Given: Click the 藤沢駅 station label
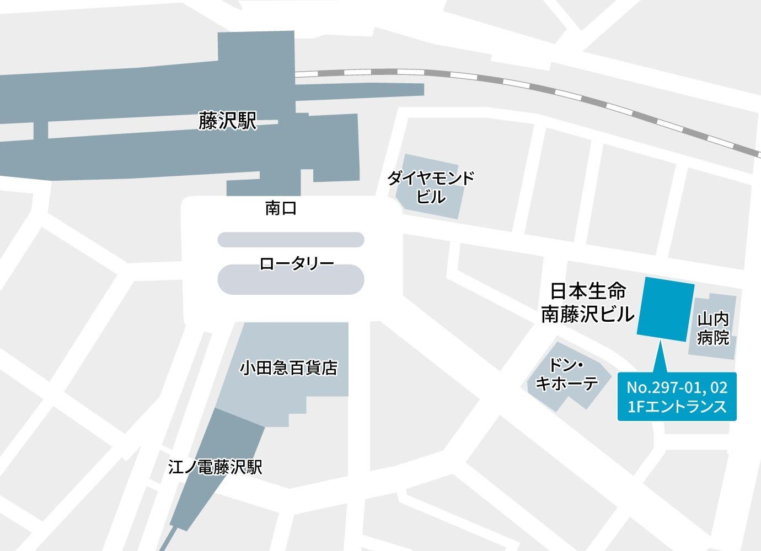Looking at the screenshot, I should pyautogui.click(x=228, y=121).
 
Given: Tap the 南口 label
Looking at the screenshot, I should pyautogui.click(x=281, y=208).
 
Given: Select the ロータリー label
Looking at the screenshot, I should pyautogui.click(x=297, y=263).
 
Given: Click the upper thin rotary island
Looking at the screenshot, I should pyautogui.click(x=291, y=240).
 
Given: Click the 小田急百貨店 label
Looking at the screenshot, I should pyautogui.click(x=288, y=367).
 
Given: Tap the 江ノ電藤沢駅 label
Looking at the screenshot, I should pyautogui.click(x=215, y=467).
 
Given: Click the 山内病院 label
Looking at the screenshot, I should pyautogui.click(x=712, y=328).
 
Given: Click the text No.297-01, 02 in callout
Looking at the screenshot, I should pyautogui.click(x=677, y=387).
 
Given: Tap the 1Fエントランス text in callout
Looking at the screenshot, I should pyautogui.click(x=677, y=407).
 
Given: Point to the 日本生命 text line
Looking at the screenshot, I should pyautogui.click(x=587, y=291).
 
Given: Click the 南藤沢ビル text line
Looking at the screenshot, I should pyautogui.click(x=587, y=315).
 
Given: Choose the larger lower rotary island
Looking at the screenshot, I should pyautogui.click(x=291, y=280).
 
